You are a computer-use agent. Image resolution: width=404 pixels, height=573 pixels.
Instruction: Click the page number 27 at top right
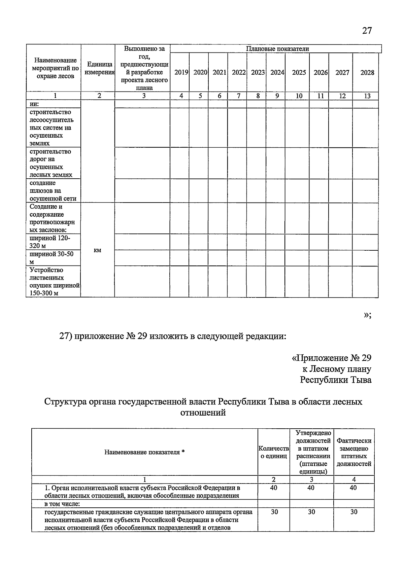click(367, 31)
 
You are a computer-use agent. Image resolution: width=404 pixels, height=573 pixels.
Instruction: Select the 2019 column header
click(181, 72)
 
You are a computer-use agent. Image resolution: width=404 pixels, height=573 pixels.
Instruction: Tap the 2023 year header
click(258, 72)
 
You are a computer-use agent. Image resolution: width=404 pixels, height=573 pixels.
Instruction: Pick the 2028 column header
click(367, 72)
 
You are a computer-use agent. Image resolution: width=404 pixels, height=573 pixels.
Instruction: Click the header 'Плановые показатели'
click(277, 49)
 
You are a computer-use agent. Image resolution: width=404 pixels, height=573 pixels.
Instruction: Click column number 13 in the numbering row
click(367, 96)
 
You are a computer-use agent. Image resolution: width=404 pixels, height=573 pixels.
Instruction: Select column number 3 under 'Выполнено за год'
click(144, 96)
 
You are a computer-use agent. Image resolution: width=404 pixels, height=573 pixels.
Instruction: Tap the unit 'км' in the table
click(98, 250)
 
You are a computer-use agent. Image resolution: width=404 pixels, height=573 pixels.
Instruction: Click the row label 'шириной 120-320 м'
click(50, 242)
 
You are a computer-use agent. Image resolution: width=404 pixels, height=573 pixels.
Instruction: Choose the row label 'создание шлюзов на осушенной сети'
click(53, 191)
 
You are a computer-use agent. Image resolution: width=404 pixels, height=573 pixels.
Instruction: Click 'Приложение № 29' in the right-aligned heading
click(331, 358)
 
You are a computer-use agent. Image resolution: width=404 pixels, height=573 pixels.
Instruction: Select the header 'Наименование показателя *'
click(144, 452)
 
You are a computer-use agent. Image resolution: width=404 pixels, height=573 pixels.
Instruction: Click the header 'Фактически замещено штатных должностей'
click(353, 452)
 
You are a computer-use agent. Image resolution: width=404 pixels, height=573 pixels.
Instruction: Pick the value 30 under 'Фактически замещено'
click(353, 512)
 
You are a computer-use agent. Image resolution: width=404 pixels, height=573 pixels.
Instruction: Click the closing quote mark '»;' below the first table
click(367, 315)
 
